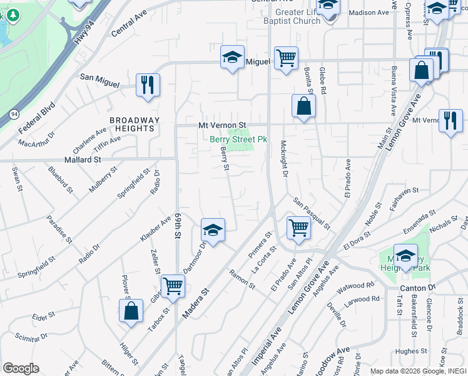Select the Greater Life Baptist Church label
pyautogui.click(x=298, y=16)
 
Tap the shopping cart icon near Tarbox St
pyautogui.click(x=173, y=286)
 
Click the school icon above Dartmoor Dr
pyautogui.click(x=213, y=230)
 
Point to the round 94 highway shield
pyautogui.click(x=14, y=114)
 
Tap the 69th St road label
pyautogui.click(x=178, y=224)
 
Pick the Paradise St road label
pyautogui.click(x=59, y=229)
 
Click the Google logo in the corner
pyautogui.click(x=21, y=368)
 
